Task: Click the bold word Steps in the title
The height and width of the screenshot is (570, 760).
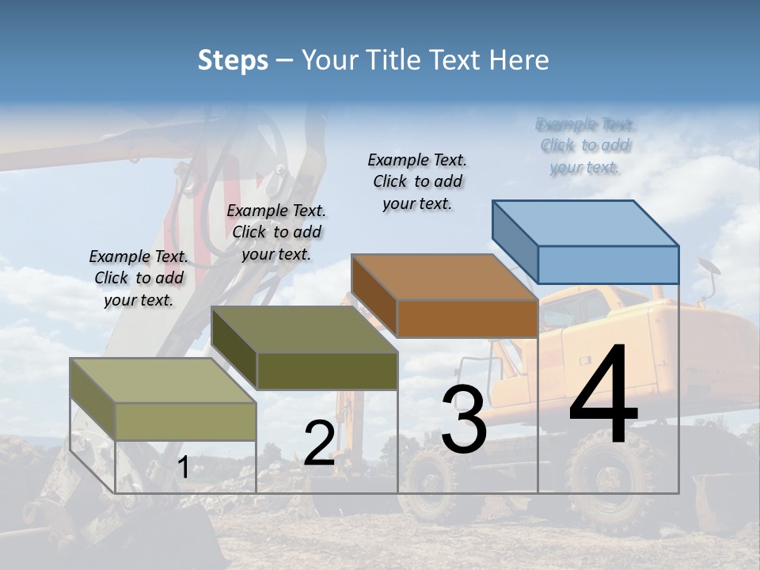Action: pyautogui.click(x=233, y=60)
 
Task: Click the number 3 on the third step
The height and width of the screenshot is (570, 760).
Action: pyautogui.click(x=464, y=420)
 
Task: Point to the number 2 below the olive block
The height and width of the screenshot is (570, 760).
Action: pyautogui.click(x=319, y=443)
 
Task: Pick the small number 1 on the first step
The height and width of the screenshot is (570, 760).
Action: pyautogui.click(x=183, y=467)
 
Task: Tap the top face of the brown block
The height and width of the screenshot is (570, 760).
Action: pyautogui.click(x=443, y=277)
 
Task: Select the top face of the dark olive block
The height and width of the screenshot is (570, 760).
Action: pyautogui.click(x=304, y=329)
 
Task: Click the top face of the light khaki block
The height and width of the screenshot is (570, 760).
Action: pyautogui.click(x=163, y=381)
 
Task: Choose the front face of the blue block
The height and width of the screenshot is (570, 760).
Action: pyautogui.click(x=608, y=264)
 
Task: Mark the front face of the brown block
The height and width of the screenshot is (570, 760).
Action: pyautogui.click(x=467, y=318)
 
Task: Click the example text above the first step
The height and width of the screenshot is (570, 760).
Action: pyautogui.click(x=139, y=278)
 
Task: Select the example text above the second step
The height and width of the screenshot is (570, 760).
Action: pyautogui.click(x=276, y=232)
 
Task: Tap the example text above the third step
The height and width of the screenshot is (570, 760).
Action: pyautogui.click(x=417, y=181)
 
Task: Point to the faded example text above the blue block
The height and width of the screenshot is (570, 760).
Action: pyautogui.click(x=586, y=146)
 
